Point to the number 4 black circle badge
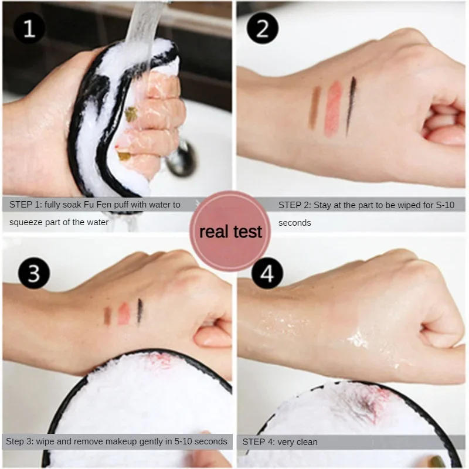pos(267,273)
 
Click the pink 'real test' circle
pos(230,231)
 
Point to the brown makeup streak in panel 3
pos(107,315)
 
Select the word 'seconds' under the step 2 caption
pos(295,223)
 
